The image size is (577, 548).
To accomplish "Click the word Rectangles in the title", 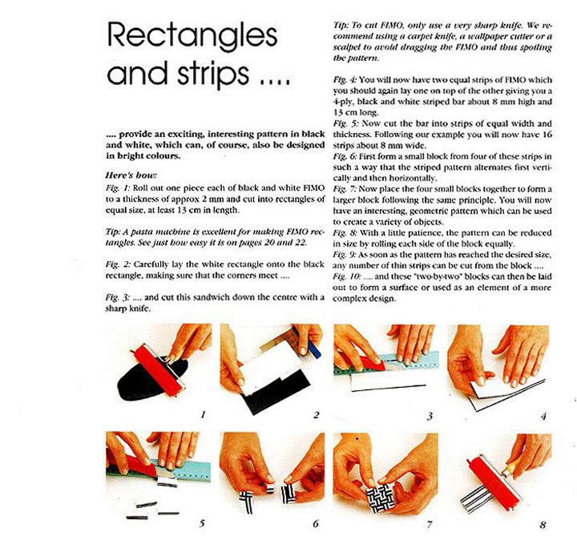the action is [192, 36].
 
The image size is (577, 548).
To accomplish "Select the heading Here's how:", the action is [131, 175].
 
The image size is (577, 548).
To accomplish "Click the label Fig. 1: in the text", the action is [118, 188].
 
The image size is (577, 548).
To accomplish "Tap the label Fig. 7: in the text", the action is [345, 189].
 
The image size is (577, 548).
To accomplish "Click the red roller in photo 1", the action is [159, 370].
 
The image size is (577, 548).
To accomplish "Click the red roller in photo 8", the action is [494, 482].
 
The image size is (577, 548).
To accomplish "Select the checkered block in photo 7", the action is [381, 498].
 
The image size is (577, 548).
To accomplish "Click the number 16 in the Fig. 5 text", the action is [547, 135].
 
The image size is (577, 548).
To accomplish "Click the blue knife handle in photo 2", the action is [314, 349].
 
